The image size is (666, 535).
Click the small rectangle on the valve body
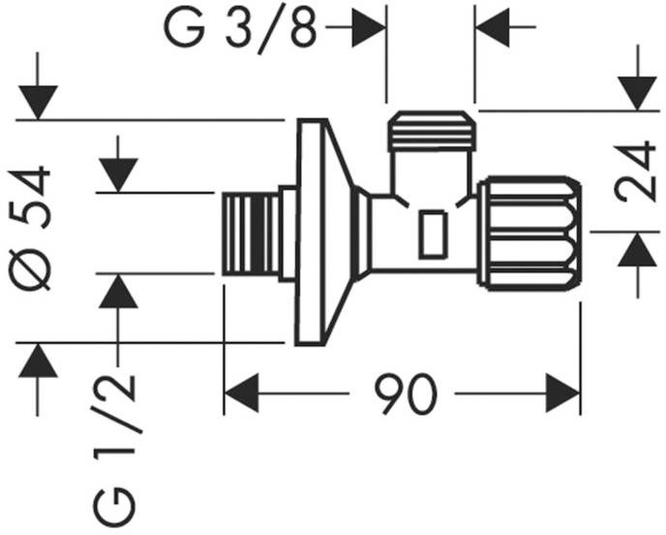[432, 236]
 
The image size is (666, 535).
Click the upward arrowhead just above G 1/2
[118, 291]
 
